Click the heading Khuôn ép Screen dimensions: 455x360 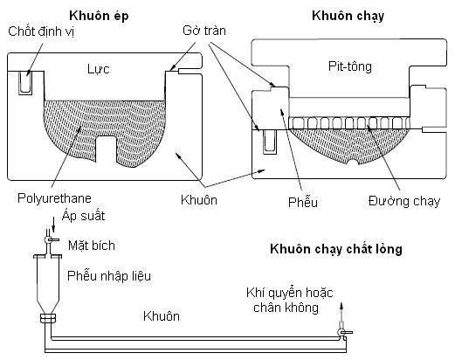[x=99, y=17]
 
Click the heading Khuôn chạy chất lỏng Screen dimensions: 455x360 [x=336, y=249]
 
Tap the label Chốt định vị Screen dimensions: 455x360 [x=41, y=31]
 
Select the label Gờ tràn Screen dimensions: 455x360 [x=204, y=31]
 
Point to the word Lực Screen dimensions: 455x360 [x=99, y=69]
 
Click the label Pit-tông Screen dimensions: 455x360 [x=350, y=66]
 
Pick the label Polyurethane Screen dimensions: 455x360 [x=54, y=198]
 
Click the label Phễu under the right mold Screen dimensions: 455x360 [x=303, y=203]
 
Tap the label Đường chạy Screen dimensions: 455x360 [x=404, y=202]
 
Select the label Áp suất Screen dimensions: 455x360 [x=83, y=216]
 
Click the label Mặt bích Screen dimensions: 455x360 [x=92, y=246]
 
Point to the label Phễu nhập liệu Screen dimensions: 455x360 [x=109, y=276]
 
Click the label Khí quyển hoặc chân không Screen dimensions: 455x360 [x=289, y=301]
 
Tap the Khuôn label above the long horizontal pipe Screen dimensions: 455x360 [x=162, y=316]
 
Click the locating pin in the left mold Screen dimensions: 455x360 [x=25, y=83]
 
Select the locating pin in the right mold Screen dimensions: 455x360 [x=270, y=142]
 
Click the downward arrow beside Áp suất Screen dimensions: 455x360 [x=53, y=225]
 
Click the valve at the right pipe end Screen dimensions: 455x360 [x=343, y=332]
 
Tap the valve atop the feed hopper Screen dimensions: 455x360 [x=50, y=240]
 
